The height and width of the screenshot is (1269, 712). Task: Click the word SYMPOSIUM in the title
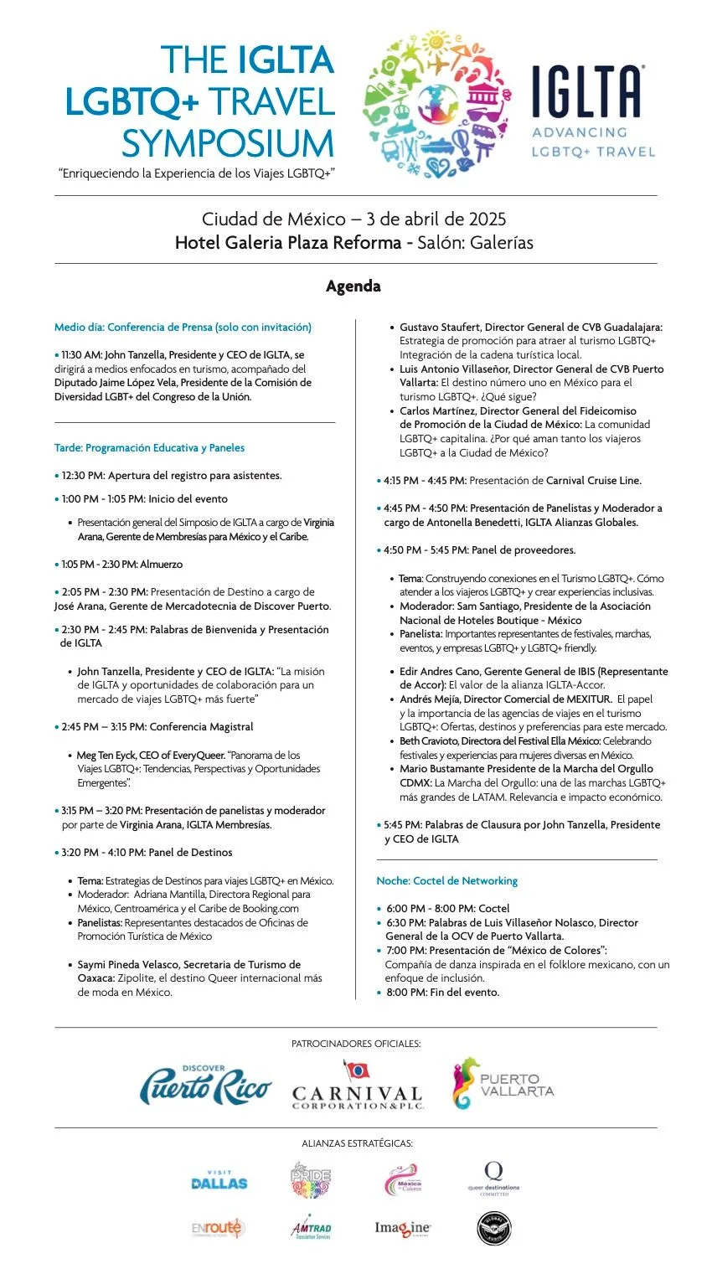tap(228, 143)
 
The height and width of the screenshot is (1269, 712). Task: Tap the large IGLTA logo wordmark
tap(588, 90)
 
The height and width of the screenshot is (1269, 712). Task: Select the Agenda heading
tap(353, 286)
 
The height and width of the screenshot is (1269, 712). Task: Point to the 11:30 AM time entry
tap(80, 355)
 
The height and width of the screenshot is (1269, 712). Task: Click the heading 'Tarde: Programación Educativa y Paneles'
tap(150, 448)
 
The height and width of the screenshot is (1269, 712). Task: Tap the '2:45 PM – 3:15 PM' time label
tap(102, 727)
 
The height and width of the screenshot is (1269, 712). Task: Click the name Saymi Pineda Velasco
tap(128, 965)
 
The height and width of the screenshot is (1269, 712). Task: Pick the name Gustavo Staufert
tap(438, 328)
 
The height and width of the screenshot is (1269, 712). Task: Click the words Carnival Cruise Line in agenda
tap(594, 481)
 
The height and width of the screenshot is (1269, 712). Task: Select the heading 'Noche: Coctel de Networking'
tap(447, 881)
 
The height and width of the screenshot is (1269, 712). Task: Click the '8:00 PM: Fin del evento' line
tap(442, 993)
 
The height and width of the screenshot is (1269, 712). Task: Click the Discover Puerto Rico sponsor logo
tap(205, 1086)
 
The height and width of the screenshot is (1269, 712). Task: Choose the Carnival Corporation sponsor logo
tap(357, 1087)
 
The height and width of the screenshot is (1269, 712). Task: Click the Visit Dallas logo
tap(219, 1181)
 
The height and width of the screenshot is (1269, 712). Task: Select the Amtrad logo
tap(311, 1228)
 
